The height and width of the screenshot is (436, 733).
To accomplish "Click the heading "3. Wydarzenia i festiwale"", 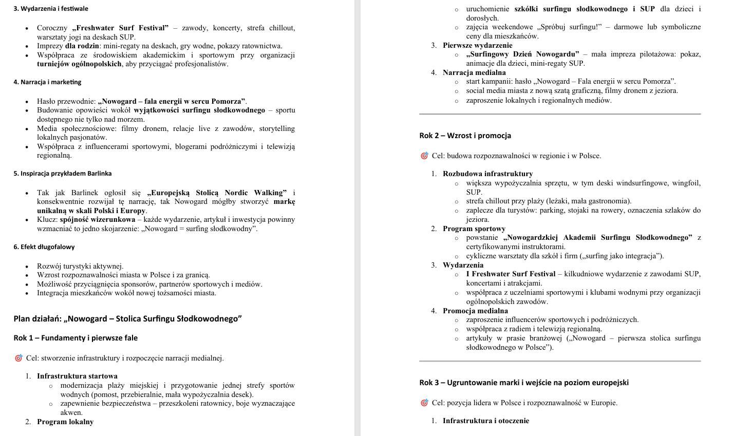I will (51, 9).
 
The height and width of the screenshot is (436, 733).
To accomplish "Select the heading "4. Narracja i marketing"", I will (47, 82).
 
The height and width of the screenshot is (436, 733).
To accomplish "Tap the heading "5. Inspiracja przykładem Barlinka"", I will (63, 174).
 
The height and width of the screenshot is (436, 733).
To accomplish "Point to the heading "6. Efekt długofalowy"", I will (44, 247).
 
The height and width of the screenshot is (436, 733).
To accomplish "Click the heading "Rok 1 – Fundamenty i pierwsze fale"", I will (76, 338).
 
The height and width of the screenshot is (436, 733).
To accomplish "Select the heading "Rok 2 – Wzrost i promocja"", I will (465, 136).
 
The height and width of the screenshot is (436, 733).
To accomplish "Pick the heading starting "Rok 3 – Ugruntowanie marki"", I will (523, 383).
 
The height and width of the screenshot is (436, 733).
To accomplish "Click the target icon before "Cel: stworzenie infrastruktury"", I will (18, 358).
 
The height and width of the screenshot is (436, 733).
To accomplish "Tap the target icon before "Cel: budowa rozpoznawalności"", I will (424, 156).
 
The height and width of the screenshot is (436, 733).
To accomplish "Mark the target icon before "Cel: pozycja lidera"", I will (424, 403).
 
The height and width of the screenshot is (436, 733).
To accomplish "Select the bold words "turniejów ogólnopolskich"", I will (79, 64).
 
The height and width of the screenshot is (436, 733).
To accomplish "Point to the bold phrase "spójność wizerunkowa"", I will (98, 220).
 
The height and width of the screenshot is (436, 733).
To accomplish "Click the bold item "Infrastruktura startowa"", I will (77, 376).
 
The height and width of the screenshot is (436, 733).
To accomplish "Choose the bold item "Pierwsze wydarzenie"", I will (477, 46).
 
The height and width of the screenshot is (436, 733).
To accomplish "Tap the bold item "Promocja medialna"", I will (475, 311).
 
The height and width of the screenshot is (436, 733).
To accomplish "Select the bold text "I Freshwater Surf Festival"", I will (511, 274).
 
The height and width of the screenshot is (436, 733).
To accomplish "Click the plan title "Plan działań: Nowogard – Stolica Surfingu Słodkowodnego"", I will (127, 319).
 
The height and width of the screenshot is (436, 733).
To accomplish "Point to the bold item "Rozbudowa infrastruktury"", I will (487, 174).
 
